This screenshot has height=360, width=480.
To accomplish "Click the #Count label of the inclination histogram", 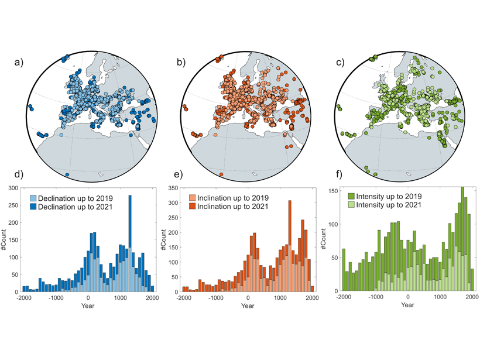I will [166, 240].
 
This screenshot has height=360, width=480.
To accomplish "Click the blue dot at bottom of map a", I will [68, 174].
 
